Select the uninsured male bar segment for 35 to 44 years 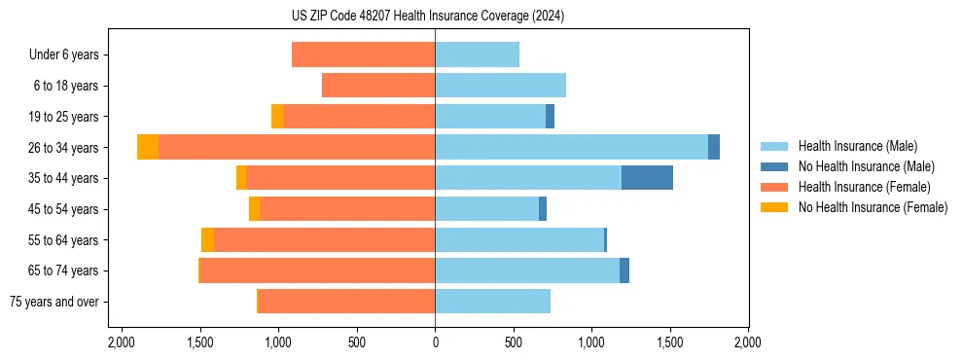pyautogui.click(x=647, y=178)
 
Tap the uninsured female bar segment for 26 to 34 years pyautogui.click(x=148, y=147)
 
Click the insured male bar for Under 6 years pyautogui.click(x=477, y=54)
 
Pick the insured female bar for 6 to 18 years pyautogui.click(x=378, y=86)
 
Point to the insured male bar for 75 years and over pyautogui.click(x=492, y=302)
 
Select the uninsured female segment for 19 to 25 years pyautogui.click(x=277, y=117)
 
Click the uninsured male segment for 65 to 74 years pyautogui.click(x=624, y=270)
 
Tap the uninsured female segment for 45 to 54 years pyautogui.click(x=255, y=209)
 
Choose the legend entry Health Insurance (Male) pyautogui.click(x=857, y=146)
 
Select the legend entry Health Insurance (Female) pyautogui.click(x=861, y=187)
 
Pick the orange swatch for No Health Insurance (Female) pyautogui.click(x=774, y=207)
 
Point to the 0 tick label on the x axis pyautogui.click(x=435, y=342)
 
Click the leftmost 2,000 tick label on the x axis pyautogui.click(x=122, y=342)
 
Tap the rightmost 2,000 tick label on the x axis pyautogui.click(x=748, y=342)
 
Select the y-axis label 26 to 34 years pyautogui.click(x=64, y=148)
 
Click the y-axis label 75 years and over pyautogui.click(x=54, y=302)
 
